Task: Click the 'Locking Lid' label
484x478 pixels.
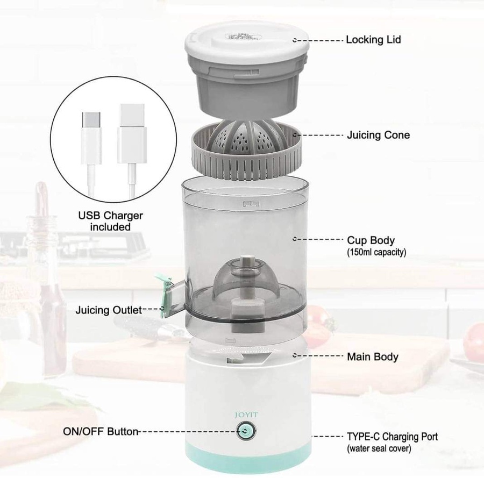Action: [373, 40]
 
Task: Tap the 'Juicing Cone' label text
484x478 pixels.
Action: [378, 135]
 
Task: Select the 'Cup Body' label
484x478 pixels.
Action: [371, 240]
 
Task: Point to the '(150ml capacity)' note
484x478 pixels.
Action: [376, 252]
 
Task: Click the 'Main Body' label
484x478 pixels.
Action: [373, 356]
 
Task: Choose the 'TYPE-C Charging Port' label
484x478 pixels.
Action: [393, 437]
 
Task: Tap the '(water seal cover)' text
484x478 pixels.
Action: [379, 448]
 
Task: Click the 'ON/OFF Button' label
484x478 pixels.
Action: [101, 431]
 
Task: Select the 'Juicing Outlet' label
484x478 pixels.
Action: [109, 310]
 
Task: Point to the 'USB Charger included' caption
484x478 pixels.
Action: [110, 221]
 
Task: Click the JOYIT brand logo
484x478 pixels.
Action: [246, 415]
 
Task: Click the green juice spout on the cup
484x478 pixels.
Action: [163, 295]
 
